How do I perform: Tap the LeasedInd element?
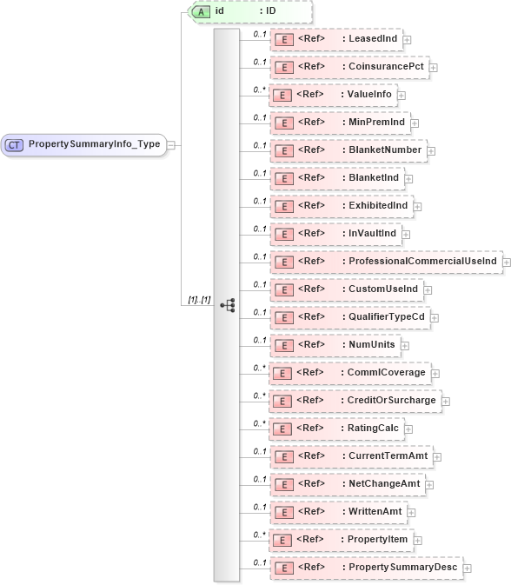click(335, 39)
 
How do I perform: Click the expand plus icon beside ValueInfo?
click(401, 95)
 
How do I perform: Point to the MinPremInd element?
click(339, 123)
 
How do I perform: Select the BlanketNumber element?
click(347, 150)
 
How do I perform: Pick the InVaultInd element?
click(335, 234)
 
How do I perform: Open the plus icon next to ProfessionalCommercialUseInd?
click(507, 262)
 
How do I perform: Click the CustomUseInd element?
click(345, 289)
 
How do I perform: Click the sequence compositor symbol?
click(228, 305)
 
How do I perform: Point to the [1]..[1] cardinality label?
click(200, 299)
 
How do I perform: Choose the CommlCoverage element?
click(351, 372)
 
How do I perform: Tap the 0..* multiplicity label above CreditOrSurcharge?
click(258, 395)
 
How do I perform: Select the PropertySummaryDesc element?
click(366, 567)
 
